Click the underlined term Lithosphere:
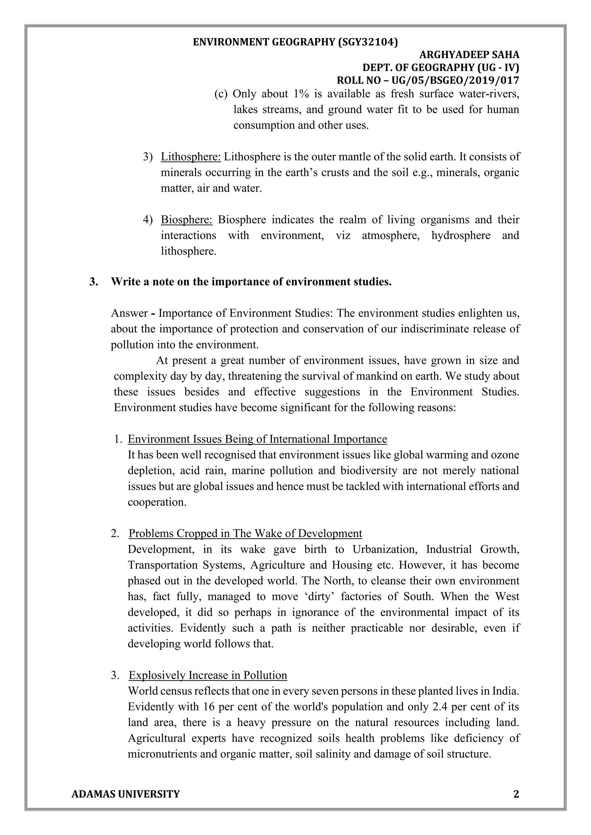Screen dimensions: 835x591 point(191,157)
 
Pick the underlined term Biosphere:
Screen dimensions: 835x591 point(186,220)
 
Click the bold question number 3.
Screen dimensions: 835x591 point(93,282)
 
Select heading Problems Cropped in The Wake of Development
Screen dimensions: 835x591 point(245,533)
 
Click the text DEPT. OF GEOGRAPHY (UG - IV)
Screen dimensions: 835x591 point(440,68)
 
